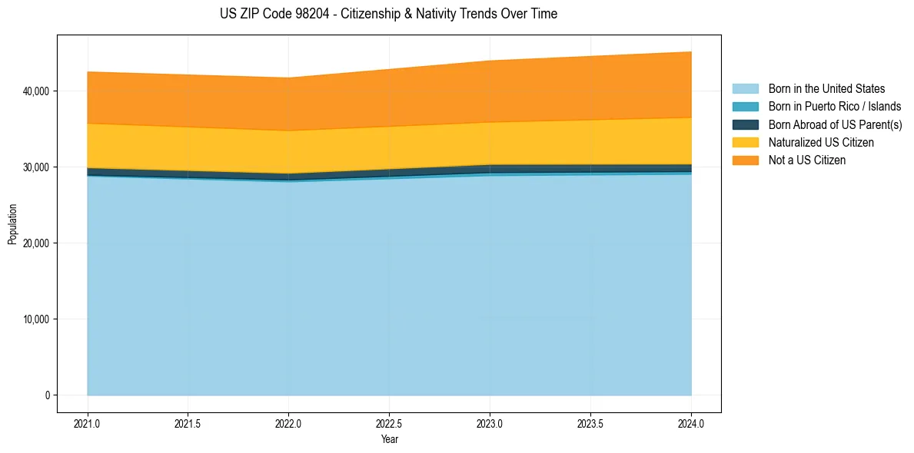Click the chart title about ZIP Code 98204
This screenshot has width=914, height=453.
(388, 14)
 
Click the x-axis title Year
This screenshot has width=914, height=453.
(389, 439)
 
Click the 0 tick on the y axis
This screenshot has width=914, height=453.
(47, 395)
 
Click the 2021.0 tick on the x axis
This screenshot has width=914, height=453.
(88, 423)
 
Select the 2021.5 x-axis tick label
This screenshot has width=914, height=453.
(188, 423)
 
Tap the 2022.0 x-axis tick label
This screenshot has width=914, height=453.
(288, 423)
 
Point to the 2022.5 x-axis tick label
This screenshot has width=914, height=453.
(389, 423)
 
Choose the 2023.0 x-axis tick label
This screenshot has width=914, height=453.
(490, 423)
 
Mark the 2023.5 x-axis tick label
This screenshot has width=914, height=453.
(590, 423)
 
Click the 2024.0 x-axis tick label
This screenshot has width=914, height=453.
(691, 423)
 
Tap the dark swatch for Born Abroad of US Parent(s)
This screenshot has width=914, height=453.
(745, 124)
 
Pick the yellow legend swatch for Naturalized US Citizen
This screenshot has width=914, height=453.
(745, 143)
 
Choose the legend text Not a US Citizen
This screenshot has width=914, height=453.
(807, 160)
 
